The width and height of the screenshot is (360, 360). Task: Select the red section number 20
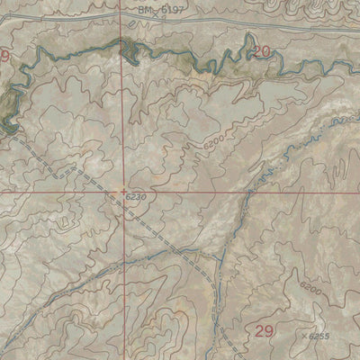(262, 52)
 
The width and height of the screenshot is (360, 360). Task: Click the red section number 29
(264, 331)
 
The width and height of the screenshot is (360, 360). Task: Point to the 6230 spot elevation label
(136, 197)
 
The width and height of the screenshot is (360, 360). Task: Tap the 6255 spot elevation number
(318, 336)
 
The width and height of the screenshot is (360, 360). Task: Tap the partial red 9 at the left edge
(5, 56)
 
